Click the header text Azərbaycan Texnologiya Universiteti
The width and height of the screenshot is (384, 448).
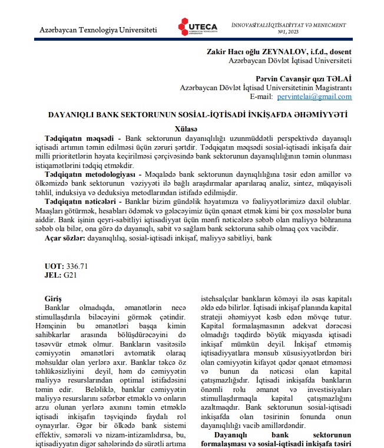[98, 29]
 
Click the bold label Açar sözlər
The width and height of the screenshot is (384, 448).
[65, 240]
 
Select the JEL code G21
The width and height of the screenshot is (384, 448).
[69, 275]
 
